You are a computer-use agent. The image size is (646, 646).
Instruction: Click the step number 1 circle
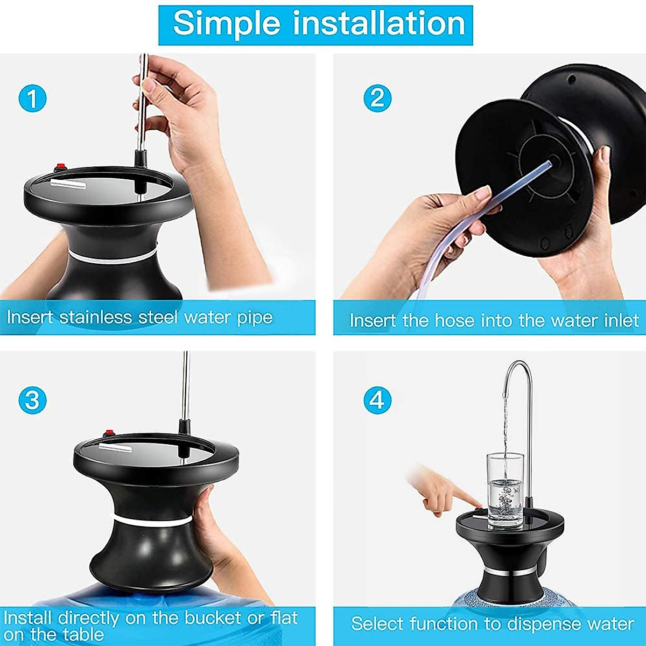coord(32,99)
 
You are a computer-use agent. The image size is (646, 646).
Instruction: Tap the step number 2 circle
coord(377,99)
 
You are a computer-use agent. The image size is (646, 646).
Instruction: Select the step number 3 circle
coord(32,401)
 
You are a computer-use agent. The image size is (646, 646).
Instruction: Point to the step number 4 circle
coord(377,401)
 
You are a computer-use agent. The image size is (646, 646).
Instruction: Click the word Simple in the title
coord(227,24)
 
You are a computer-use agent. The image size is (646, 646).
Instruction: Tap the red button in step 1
coord(61,166)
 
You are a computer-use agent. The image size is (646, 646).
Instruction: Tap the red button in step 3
coord(110,432)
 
